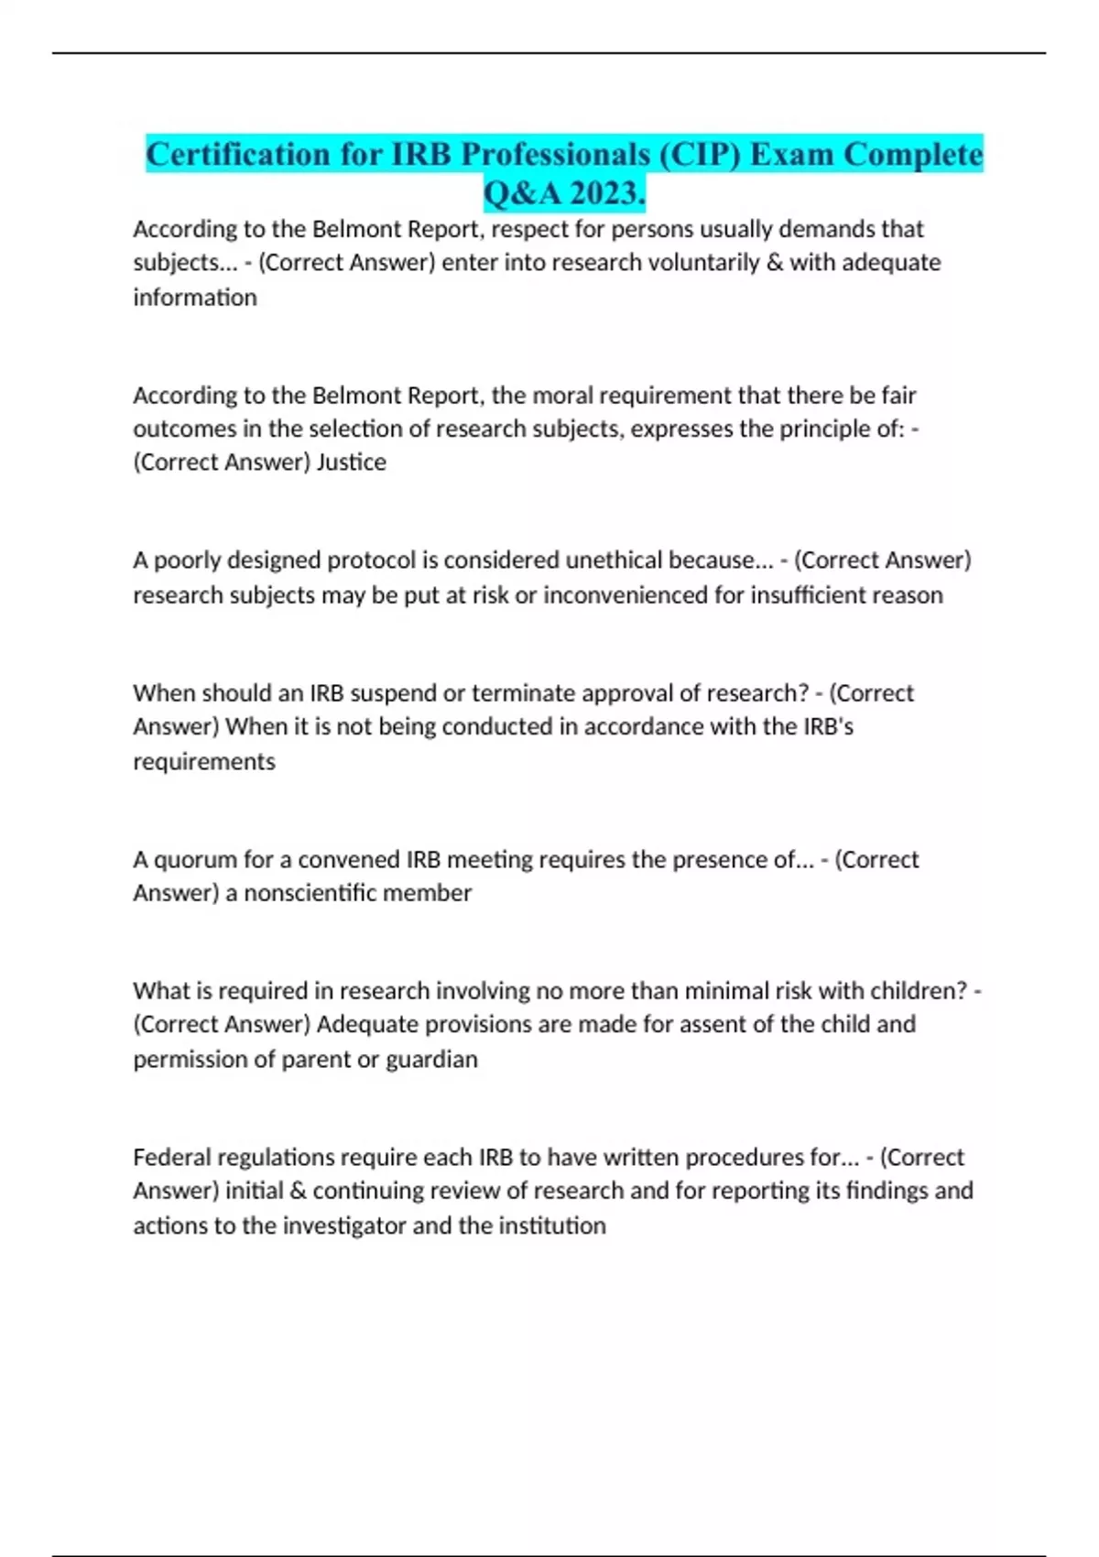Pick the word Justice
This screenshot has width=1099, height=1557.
[x=351, y=463]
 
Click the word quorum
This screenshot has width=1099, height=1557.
[x=197, y=860]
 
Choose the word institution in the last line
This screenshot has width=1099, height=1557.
[x=551, y=1226]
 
